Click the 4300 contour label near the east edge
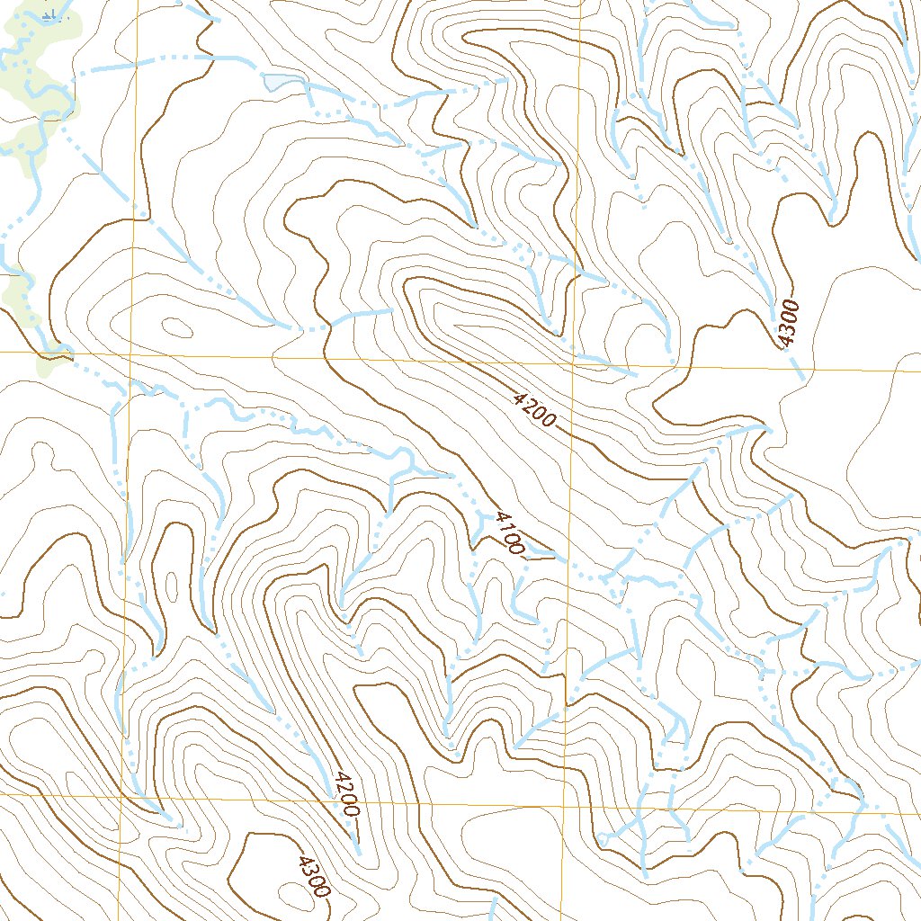pyautogui.click(x=787, y=322)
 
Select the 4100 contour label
pyautogui.click(x=505, y=532)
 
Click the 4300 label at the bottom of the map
pyautogui.click(x=314, y=876)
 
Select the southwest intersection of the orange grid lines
pyautogui.click(x=121, y=795)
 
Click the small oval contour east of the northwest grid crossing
pyautogui.click(x=175, y=326)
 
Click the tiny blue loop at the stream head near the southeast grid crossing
pyautogui.click(x=601, y=839)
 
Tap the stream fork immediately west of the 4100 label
pyautogui.click(x=474, y=537)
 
